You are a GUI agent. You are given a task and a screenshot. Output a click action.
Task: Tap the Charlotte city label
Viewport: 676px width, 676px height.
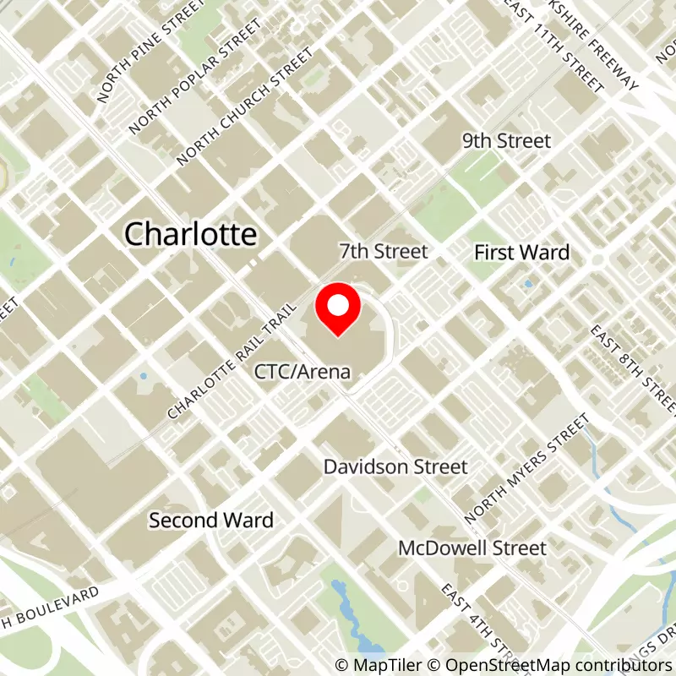click(x=190, y=233)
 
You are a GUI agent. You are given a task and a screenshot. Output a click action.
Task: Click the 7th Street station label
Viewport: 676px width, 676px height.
click(x=384, y=251)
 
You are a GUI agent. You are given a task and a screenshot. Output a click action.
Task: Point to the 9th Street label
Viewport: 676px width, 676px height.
click(x=506, y=141)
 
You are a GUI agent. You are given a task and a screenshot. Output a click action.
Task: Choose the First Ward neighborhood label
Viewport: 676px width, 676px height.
click(x=521, y=252)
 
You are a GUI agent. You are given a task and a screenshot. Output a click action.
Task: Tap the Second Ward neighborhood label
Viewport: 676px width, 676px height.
click(x=211, y=520)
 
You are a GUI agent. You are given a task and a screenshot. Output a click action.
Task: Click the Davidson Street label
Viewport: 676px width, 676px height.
click(x=395, y=466)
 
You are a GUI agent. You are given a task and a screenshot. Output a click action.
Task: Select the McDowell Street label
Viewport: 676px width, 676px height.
click(x=472, y=548)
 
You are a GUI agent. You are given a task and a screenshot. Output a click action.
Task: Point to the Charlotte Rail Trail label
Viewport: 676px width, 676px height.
click(x=233, y=362)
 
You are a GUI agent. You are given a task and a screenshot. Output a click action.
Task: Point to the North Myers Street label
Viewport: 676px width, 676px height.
click(x=526, y=467)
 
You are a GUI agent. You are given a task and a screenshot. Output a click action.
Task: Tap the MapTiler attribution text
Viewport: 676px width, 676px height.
click(x=379, y=665)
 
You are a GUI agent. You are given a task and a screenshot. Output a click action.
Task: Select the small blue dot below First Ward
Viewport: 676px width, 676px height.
click(x=528, y=284)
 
